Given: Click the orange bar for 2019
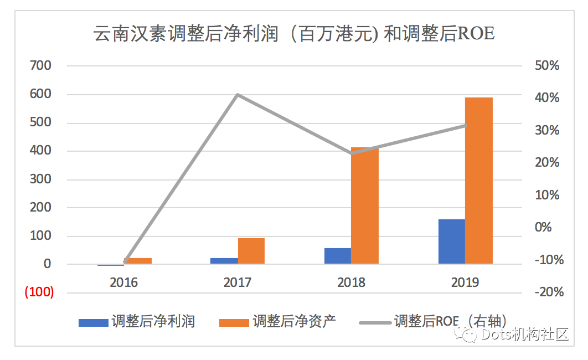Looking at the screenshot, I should click(478, 181).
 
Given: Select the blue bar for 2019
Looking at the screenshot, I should click(451, 241).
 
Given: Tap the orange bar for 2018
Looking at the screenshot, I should click(365, 205).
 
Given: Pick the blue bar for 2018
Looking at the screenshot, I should click(338, 256).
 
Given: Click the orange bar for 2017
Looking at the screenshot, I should click(251, 251).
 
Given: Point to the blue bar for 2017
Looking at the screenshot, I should click(224, 261).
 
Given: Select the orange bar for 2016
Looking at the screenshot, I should click(138, 261).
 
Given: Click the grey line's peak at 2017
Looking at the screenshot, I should click(238, 95).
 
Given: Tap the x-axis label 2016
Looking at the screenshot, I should click(123, 282).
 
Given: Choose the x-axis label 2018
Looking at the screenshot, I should click(351, 282).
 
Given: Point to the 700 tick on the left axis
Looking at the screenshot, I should click(41, 65).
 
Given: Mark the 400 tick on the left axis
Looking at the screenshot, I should click(41, 151).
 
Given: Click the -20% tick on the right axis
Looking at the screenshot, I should click(548, 292).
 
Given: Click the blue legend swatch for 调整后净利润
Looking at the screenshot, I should click(93, 322).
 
